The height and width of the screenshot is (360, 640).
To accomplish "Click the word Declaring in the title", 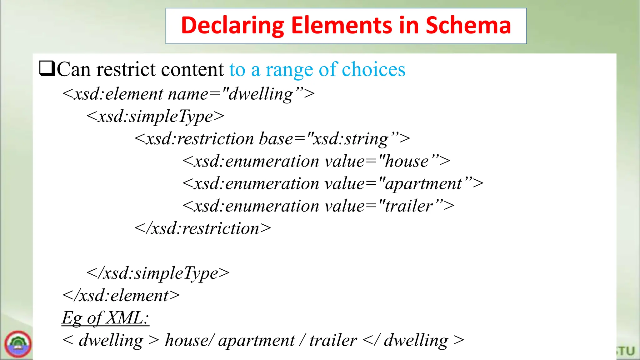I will pos(232,26).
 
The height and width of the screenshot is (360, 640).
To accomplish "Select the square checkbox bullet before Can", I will pos(47,68).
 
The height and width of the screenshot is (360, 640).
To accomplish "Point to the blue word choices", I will pos(373,69).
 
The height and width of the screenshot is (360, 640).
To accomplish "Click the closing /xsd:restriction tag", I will pos(202,228).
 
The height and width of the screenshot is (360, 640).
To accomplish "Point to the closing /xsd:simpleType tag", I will pos(158,273).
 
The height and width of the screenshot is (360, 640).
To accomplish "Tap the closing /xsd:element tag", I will pos(121,296).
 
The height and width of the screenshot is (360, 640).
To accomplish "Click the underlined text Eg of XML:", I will pos(105,318).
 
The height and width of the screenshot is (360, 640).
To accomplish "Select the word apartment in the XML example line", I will pos(256,341).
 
